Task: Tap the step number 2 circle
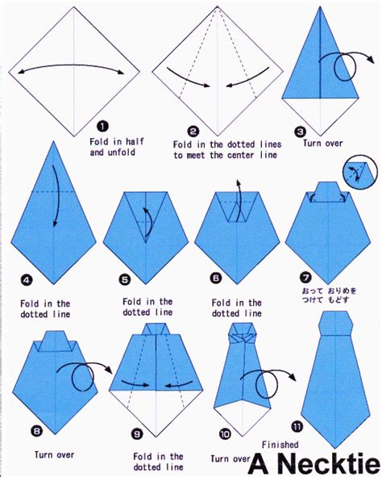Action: click(x=193, y=131)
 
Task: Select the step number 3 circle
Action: click(x=299, y=132)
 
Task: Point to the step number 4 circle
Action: click(x=27, y=280)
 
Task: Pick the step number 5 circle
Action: click(x=125, y=280)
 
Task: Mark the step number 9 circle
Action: click(x=138, y=433)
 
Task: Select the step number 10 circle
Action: click(x=225, y=433)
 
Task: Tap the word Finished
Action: click(x=280, y=444)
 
